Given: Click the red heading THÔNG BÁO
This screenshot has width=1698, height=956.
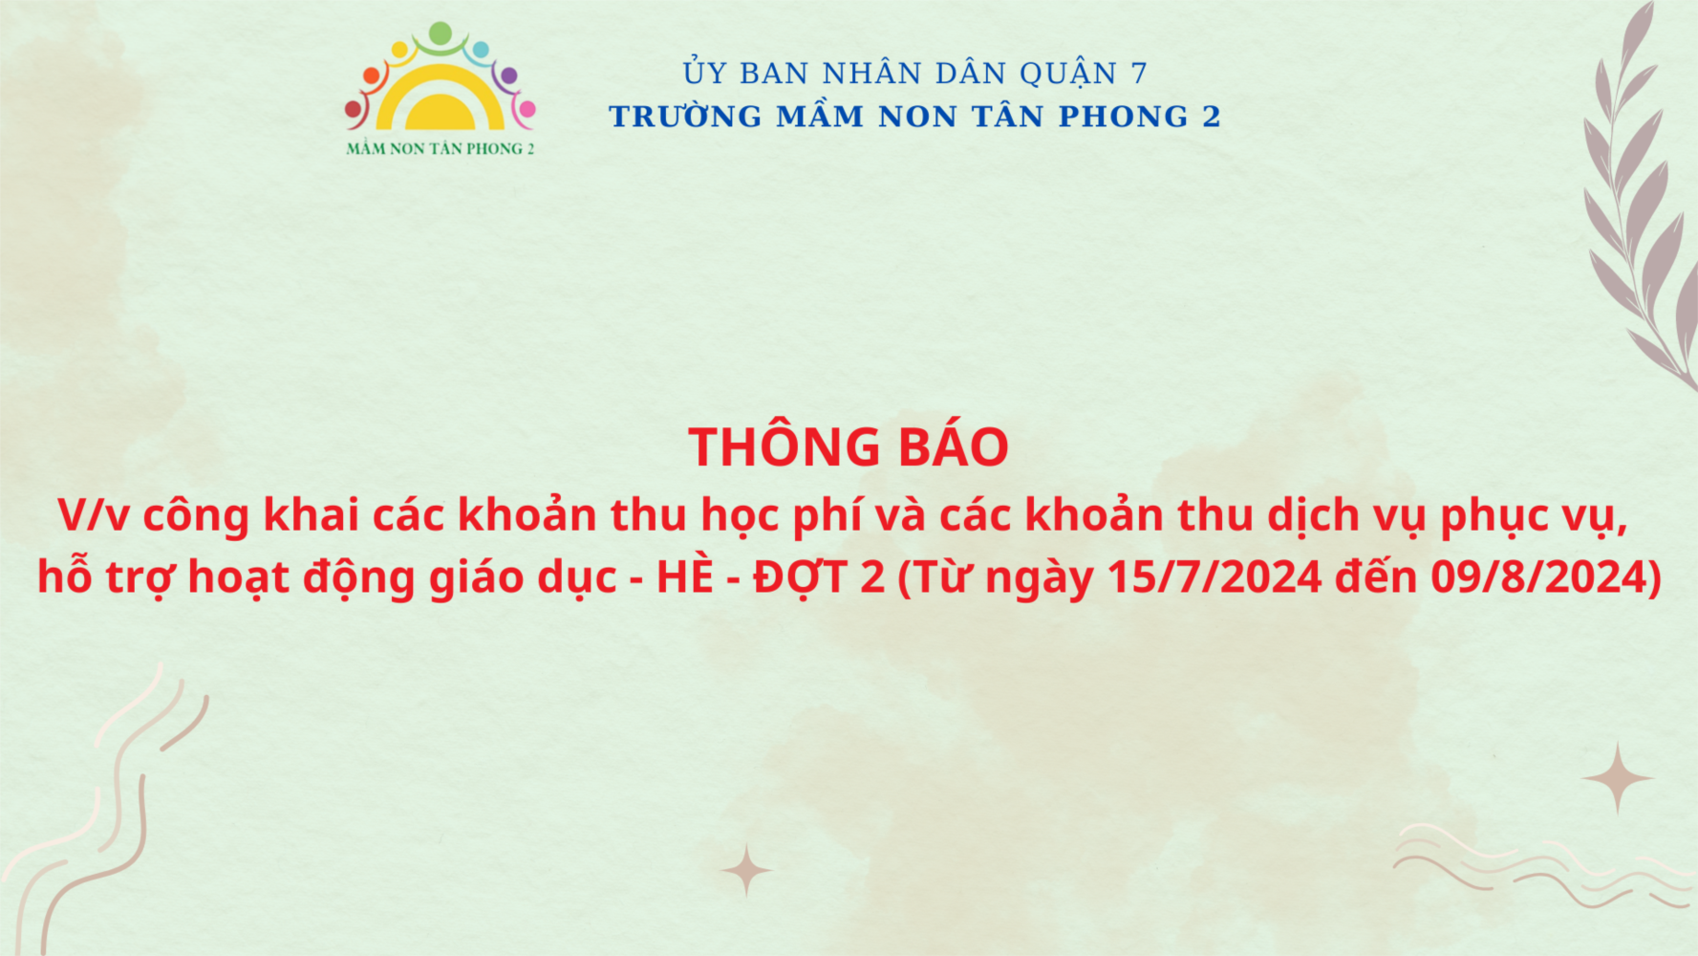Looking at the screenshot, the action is tap(849, 447).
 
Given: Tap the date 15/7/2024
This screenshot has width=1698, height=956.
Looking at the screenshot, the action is tap(1214, 576).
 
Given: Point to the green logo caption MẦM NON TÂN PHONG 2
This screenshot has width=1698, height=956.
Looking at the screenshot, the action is tap(441, 148).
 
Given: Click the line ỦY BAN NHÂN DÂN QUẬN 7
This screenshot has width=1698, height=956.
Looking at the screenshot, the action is tap(915, 73).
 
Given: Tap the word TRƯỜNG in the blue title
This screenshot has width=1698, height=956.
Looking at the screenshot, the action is tap(686, 117).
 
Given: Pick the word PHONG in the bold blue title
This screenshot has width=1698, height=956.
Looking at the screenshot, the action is tap(1124, 117).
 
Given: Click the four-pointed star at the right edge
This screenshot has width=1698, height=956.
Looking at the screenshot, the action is tap(1617, 778).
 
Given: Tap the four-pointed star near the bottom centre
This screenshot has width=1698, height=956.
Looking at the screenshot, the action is tap(746, 870).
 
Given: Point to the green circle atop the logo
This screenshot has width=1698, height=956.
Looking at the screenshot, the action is tap(441, 33).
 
